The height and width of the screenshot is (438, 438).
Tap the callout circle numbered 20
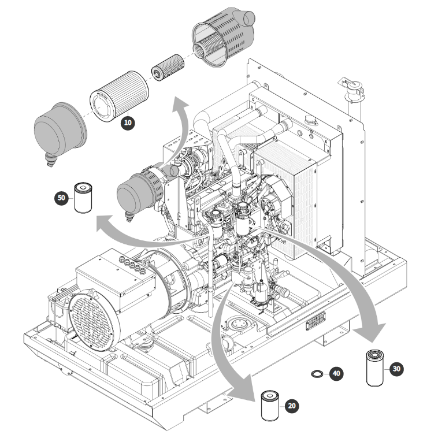point(292,406)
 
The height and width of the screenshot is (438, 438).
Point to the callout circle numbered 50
point(62,198)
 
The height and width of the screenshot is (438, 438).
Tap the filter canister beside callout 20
point(270,406)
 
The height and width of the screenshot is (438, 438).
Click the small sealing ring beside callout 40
point(317,374)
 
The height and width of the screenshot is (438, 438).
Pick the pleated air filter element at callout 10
point(119,96)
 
